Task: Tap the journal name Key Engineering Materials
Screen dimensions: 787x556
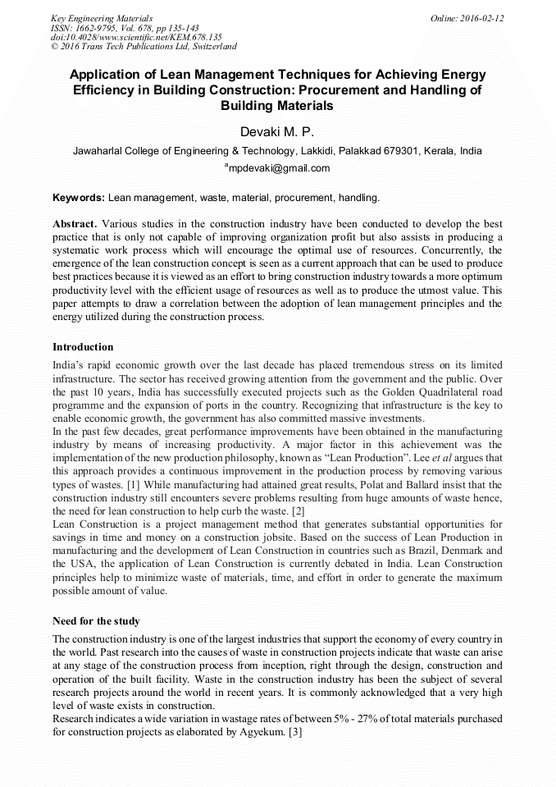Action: coord(102,17)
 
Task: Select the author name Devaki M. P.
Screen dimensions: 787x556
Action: coord(277,131)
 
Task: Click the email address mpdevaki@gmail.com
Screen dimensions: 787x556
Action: coord(279,168)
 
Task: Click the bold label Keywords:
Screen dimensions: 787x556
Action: coord(79,198)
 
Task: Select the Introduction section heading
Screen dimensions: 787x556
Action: coord(83,347)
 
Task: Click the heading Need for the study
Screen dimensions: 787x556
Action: coord(96,620)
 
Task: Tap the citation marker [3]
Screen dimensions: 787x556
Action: coord(294,732)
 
